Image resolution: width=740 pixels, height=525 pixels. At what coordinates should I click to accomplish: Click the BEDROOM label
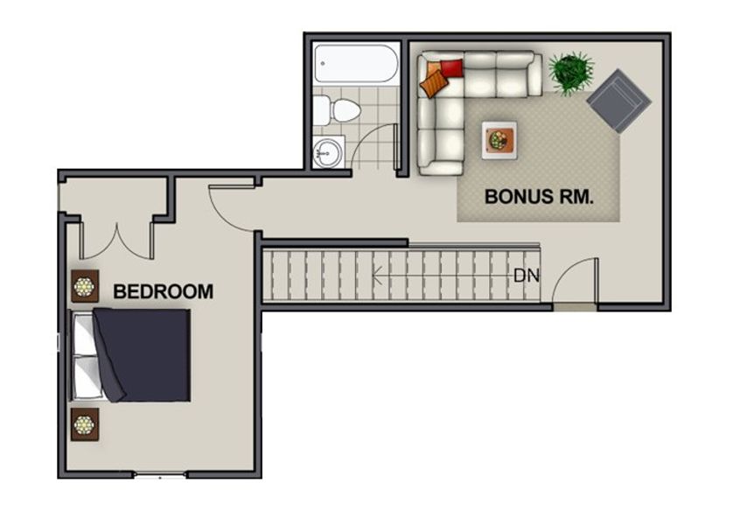(164, 291)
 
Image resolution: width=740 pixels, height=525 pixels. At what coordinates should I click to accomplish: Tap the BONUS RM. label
(539, 197)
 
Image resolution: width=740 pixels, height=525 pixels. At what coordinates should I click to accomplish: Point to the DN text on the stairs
(527, 276)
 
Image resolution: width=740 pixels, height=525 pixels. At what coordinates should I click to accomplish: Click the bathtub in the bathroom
(356, 64)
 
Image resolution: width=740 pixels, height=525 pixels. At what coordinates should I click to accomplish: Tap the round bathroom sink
(328, 153)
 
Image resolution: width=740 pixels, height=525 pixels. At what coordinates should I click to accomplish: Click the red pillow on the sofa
(451, 68)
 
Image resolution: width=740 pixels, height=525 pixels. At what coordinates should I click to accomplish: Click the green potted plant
(570, 73)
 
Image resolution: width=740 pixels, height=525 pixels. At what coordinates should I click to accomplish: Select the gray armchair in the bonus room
(618, 101)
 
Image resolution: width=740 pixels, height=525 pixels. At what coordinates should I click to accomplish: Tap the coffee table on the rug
(499, 140)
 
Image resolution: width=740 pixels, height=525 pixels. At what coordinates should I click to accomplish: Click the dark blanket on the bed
(142, 354)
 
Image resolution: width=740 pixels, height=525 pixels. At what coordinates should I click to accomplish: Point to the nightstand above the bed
(85, 286)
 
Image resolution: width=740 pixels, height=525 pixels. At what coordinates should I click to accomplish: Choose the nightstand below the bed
(85, 424)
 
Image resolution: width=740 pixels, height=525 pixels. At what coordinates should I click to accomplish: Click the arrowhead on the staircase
(377, 275)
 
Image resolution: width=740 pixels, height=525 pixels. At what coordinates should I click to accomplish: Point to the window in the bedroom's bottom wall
(160, 475)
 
